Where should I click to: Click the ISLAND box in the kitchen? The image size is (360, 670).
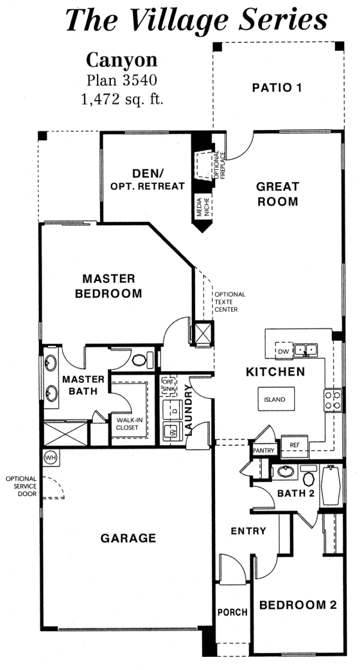tap(276, 399)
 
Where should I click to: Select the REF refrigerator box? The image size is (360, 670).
tap(295, 445)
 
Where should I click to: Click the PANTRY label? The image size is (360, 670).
tap(264, 451)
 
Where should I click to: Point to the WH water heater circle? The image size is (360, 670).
tap(50, 458)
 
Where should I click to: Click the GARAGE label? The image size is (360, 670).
tap(128, 538)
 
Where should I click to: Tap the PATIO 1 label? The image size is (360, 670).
tap(277, 88)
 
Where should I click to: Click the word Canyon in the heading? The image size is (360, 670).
tap(122, 61)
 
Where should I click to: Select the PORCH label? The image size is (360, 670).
tap(232, 612)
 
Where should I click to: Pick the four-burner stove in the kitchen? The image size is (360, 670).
tap(333, 400)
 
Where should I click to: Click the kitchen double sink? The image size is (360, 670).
tap(307, 350)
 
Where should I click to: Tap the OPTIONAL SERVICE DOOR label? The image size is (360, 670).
tap(21, 486)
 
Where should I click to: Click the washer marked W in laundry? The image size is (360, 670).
tap(172, 431)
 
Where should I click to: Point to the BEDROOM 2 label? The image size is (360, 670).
tap(298, 605)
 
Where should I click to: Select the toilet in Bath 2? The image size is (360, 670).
tap(308, 475)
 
